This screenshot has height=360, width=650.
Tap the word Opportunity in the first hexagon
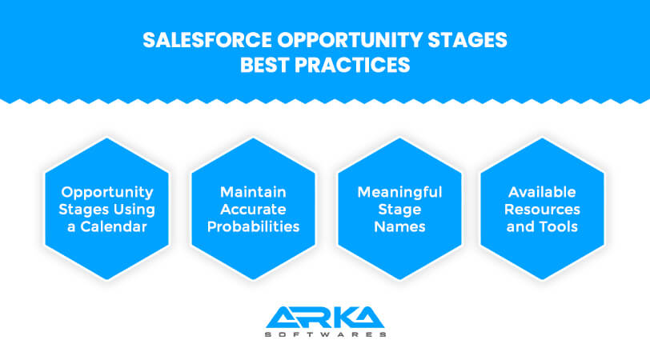pyautogui.click(x=107, y=192)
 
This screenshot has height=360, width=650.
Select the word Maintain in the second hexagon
pyautogui.click(x=253, y=192)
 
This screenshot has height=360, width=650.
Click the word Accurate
pyautogui.click(x=253, y=210)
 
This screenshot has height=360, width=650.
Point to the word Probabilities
pyautogui.click(x=253, y=226)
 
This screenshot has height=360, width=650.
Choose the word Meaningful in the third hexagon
pyautogui.click(x=399, y=192)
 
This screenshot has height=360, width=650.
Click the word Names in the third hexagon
pyautogui.click(x=399, y=226)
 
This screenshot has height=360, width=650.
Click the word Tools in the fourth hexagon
pyautogui.click(x=561, y=226)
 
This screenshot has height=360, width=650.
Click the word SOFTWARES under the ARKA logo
pyautogui.click(x=325, y=334)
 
